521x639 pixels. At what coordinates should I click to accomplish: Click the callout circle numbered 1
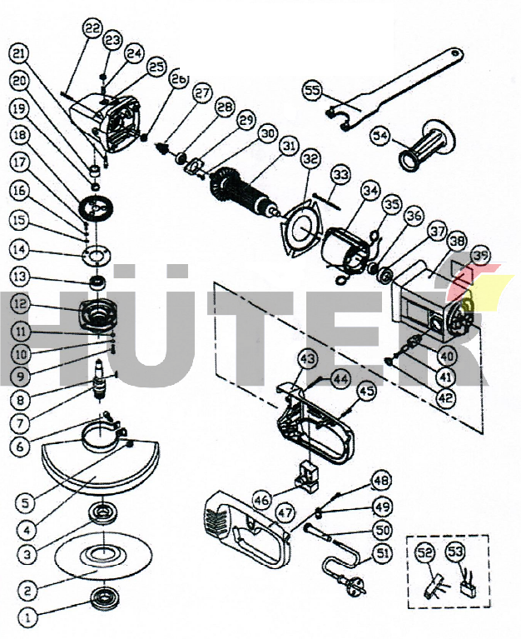tap(27, 617)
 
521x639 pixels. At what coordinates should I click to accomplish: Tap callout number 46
tap(261, 501)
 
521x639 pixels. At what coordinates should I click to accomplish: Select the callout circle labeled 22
tap(92, 28)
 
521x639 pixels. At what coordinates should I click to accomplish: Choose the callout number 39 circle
tap(480, 256)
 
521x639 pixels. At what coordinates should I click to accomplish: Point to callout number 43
tap(308, 359)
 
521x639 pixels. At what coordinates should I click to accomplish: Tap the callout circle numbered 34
tap(370, 192)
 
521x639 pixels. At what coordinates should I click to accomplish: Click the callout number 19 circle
tap(19, 109)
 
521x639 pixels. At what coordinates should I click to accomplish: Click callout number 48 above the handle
tap(380, 480)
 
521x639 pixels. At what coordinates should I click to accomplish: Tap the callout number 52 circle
tap(425, 552)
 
